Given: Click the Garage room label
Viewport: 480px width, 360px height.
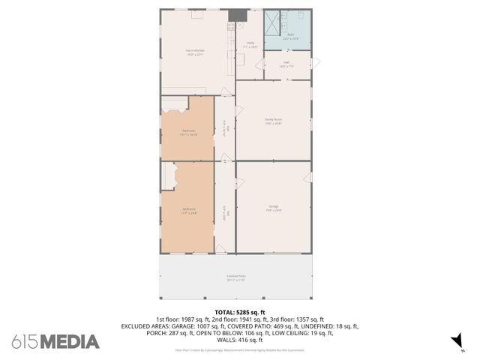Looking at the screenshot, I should tap(273, 208).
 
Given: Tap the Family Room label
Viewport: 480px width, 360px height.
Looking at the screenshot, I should tap(273, 121).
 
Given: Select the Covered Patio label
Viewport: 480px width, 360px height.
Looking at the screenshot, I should tap(236, 277).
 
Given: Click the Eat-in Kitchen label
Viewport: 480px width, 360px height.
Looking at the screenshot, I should tap(196, 52).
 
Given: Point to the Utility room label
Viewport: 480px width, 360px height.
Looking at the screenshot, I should tap(250, 45).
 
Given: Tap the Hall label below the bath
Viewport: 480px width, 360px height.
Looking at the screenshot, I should tap(286, 64).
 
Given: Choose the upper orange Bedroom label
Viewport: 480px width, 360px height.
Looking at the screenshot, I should tap(189, 133).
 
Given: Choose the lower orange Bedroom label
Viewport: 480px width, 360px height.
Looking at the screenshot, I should tap(188, 211).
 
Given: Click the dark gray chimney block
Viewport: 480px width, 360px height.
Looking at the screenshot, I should tap(237, 15).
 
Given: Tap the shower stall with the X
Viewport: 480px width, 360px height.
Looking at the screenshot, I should tap(272, 19).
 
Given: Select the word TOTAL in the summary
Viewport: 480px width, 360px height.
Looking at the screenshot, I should tap(225, 312).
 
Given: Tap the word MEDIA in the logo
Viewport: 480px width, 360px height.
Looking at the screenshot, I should tap(70, 342).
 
